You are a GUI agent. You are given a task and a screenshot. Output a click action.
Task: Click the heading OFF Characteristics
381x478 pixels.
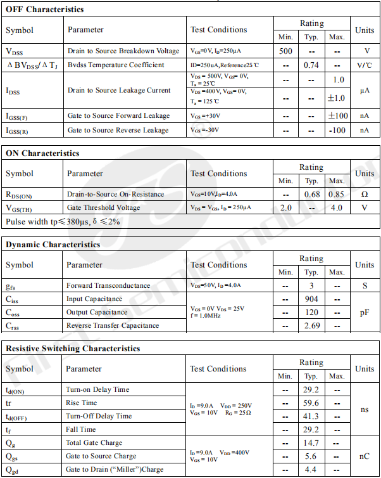(44, 10)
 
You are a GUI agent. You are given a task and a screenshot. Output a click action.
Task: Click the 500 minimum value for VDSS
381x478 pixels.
(285, 51)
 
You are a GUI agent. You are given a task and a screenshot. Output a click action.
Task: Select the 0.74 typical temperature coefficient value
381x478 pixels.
(311, 65)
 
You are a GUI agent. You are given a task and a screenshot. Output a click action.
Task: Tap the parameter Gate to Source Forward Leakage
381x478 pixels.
(118, 116)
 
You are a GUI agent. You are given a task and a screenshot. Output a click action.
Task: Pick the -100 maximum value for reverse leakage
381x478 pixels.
(337, 130)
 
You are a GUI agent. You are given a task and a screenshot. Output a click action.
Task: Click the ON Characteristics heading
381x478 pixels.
(42, 153)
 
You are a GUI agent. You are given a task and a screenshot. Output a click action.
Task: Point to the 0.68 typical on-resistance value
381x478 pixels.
(311, 194)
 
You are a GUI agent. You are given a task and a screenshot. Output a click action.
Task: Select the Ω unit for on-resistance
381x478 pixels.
(365, 194)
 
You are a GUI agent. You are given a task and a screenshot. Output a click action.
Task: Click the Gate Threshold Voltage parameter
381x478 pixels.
(103, 207)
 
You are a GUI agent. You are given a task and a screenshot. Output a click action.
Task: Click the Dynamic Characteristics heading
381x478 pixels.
(53, 244)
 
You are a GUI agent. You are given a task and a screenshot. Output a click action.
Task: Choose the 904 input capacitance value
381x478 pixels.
(311, 299)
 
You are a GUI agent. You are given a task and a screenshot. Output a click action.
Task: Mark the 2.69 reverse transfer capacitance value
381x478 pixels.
(311, 325)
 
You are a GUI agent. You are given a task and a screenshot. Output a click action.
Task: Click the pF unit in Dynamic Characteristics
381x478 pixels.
(365, 312)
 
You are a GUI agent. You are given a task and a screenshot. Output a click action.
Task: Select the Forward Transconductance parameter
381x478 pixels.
(108, 285)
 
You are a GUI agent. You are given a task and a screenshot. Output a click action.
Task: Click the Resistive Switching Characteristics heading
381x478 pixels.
(73, 348)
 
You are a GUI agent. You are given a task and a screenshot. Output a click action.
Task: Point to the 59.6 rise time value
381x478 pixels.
(311, 403)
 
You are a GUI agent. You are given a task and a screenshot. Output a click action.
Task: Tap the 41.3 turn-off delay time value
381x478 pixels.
(311, 416)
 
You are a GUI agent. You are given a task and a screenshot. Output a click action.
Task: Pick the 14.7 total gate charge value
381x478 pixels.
(311, 442)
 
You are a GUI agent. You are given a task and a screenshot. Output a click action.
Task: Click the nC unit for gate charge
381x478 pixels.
(365, 456)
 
